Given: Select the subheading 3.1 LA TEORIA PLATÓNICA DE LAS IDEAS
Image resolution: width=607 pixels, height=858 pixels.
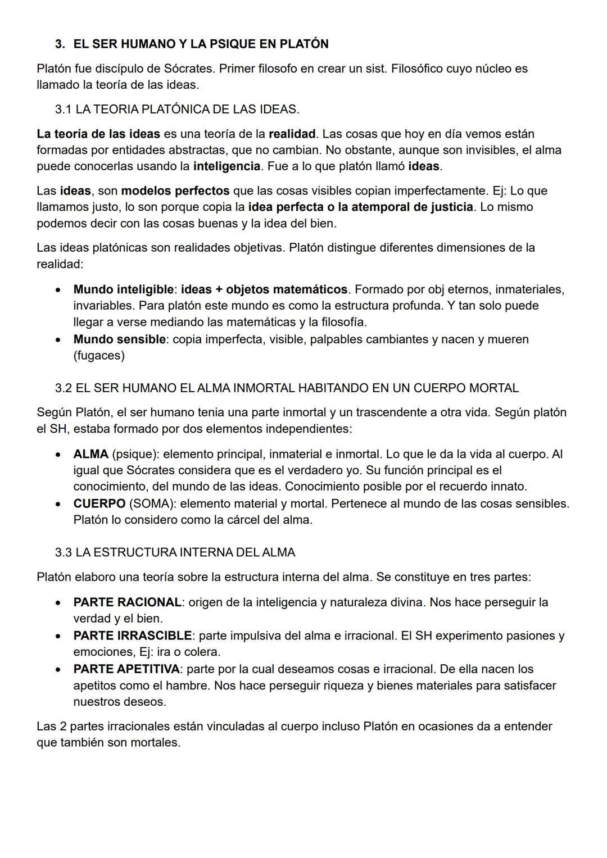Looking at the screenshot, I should point(177,109).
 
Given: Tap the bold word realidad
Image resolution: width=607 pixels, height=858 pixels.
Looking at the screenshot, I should point(292,134).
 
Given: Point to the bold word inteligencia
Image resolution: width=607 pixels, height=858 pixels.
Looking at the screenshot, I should point(227,166).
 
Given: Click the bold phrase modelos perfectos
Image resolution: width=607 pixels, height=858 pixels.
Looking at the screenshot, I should point(175,190).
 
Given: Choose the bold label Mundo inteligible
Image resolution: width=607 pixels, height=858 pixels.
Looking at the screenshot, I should point(123,289).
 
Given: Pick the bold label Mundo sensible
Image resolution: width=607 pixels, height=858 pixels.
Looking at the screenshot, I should point(119,339).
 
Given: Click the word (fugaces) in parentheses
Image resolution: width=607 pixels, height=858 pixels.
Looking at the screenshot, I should point(99,356).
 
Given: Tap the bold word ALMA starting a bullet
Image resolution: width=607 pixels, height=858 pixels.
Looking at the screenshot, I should point(90,454).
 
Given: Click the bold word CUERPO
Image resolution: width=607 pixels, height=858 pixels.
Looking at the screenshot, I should point(99,503).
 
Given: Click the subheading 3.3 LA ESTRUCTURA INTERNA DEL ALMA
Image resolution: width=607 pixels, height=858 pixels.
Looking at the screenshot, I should point(175,552).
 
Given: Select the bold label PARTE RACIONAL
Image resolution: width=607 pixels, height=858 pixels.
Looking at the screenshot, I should point(127,602).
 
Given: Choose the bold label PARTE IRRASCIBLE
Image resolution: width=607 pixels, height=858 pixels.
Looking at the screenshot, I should point(132,635).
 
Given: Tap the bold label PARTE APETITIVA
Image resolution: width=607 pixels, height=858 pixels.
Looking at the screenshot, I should point(126,669).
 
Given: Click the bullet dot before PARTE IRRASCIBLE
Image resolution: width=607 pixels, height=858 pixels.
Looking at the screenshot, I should point(58,636).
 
